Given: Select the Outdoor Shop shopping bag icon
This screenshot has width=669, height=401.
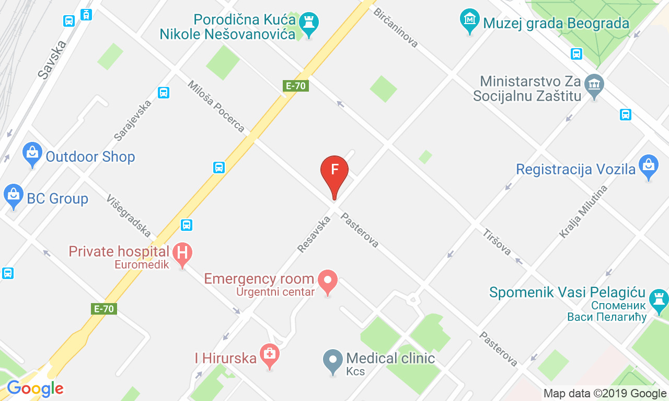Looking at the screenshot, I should click(x=32, y=154).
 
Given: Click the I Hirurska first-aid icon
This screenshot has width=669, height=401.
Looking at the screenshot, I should click(x=270, y=355).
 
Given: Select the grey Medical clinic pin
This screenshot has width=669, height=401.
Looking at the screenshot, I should click(x=333, y=361).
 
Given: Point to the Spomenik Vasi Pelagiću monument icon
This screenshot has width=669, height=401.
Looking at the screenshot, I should click(x=658, y=299).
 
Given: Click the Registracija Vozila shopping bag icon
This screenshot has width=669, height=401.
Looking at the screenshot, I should click(x=649, y=165).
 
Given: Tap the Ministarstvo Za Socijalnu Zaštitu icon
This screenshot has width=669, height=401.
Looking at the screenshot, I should click(x=594, y=85).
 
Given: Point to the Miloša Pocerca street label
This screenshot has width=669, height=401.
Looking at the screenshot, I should click(x=216, y=106).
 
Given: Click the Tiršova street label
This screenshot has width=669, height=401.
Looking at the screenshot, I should click(x=497, y=242).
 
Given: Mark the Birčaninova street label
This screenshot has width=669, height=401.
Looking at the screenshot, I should click(x=396, y=27).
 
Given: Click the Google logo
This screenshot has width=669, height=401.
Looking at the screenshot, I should click(x=34, y=389).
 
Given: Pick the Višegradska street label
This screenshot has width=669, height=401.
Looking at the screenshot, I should click(x=129, y=216).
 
